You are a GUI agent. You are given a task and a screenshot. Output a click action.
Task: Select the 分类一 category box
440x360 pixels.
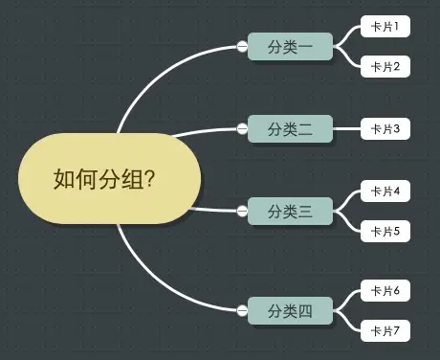290,46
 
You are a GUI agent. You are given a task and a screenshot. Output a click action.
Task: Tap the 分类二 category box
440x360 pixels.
290,128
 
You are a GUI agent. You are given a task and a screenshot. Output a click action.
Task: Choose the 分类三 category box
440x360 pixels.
290,211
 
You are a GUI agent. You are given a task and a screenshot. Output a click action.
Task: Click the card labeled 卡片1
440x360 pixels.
385,26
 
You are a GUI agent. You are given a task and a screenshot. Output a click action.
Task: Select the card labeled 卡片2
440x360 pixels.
385,66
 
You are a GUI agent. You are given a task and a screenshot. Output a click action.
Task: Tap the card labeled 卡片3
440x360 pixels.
385,128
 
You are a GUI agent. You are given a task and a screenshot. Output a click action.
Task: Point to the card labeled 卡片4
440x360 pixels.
385,191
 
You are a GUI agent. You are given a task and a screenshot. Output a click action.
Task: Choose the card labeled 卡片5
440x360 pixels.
385,231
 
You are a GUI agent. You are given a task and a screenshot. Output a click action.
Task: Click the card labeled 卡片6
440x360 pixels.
385,290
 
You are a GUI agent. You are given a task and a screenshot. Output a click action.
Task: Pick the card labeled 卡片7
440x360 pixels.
385,330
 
